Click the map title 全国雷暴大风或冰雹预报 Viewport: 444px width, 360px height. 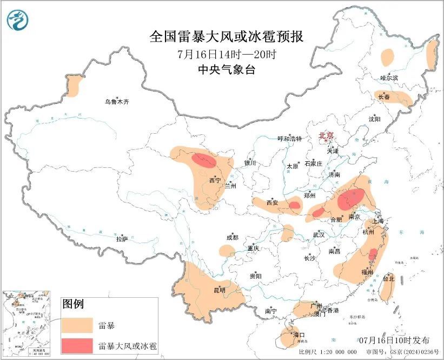point(227,37)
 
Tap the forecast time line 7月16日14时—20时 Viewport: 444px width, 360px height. point(227,54)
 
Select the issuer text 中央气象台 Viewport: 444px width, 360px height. point(227,69)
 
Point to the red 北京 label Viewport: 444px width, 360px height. point(327,135)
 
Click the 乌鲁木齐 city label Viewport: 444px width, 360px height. point(117,101)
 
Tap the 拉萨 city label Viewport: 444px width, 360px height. point(122,239)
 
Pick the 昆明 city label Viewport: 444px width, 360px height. point(220,291)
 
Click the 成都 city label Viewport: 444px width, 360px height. point(233,237)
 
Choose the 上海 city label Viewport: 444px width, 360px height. point(379,221)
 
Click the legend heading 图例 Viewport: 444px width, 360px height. point(73,304)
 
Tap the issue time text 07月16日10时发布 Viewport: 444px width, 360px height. point(394,340)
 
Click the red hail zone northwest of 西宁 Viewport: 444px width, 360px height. point(204,160)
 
